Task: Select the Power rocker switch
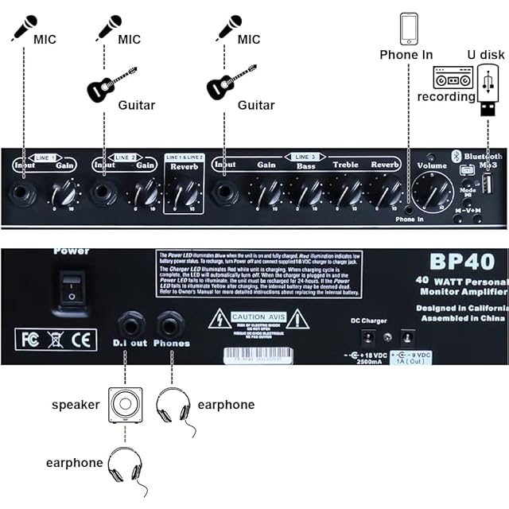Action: tap(73, 288)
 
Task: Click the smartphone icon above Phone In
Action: tap(410, 28)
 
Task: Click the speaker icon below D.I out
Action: tap(126, 404)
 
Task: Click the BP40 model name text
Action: tap(461, 262)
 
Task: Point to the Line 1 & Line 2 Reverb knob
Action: tap(184, 192)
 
